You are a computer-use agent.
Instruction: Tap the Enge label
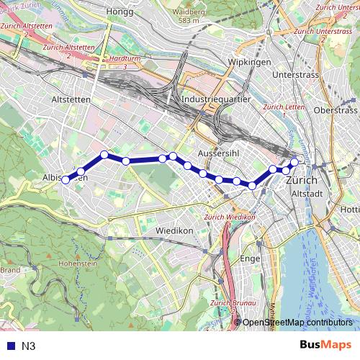(250, 258)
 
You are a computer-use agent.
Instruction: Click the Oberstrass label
(336, 110)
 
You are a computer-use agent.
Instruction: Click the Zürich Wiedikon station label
(230, 217)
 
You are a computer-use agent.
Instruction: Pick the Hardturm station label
(120, 58)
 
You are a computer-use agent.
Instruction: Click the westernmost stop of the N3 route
(66, 180)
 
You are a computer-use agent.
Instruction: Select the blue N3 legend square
(9, 346)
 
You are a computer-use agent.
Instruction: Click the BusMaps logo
(323, 345)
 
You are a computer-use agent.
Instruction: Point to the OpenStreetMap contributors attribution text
(297, 323)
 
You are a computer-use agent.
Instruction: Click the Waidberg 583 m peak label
(189, 15)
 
